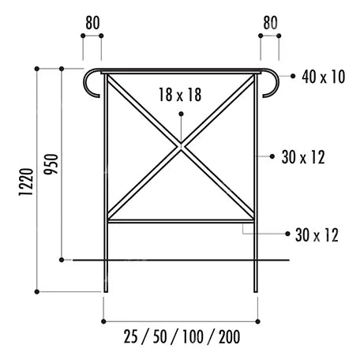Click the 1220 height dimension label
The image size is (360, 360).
click(26, 182)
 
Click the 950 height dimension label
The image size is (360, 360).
click(51, 164)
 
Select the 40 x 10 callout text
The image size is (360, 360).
click(324, 77)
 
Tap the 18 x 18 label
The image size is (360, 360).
click(180, 95)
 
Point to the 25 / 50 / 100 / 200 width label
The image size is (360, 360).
click(182, 336)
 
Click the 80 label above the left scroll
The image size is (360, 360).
click(92, 23)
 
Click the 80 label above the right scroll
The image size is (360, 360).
click(270, 23)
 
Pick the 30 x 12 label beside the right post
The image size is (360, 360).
click(303, 157)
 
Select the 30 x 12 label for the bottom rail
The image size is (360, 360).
click(317, 235)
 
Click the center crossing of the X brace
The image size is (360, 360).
click(181, 146)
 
